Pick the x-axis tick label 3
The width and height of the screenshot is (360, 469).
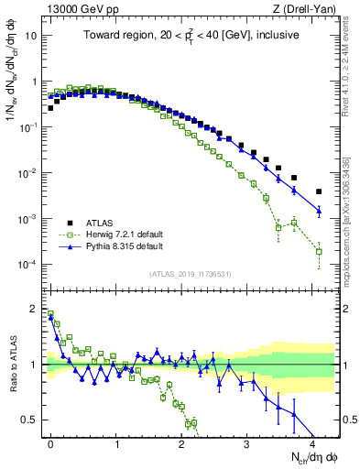(246, 442)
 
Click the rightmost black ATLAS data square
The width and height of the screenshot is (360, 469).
(319, 191)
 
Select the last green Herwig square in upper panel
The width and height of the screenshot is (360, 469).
(319, 251)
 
